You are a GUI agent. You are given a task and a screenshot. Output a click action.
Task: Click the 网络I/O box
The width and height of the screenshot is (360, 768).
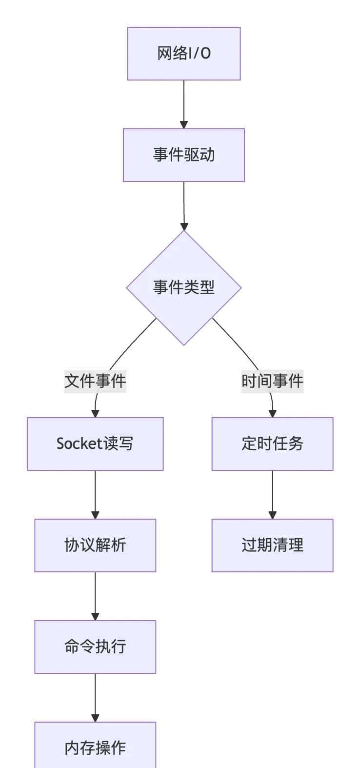pos(184,54)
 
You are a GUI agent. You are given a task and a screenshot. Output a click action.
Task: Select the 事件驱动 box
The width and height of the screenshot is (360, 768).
pos(184,155)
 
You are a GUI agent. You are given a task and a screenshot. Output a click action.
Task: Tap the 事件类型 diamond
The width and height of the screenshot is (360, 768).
pos(184,287)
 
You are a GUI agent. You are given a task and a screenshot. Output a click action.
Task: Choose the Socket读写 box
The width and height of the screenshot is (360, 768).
pos(95,444)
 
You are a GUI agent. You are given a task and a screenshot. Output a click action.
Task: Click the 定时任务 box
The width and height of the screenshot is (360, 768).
pos(272,444)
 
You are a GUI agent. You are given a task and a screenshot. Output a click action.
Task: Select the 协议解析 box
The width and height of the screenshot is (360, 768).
pos(95,546)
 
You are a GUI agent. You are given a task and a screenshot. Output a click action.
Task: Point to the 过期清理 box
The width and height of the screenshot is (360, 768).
pos(272,546)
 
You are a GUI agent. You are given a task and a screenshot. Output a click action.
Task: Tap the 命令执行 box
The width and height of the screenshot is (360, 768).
pos(95,647)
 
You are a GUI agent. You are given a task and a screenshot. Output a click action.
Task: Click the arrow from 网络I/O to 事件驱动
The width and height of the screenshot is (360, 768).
pos(184,103)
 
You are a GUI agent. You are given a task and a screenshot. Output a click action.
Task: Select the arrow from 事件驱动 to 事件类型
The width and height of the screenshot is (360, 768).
pos(184,205)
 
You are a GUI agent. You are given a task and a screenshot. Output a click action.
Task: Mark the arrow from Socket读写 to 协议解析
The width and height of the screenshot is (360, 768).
pos(95,494)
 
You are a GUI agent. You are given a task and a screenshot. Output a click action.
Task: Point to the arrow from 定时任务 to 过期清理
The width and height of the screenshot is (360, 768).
pos(272,494)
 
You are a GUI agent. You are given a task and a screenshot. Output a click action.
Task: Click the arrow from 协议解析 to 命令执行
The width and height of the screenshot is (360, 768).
pos(95,595)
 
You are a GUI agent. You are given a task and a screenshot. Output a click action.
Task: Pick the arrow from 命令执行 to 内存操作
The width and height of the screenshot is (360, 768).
pos(95,697)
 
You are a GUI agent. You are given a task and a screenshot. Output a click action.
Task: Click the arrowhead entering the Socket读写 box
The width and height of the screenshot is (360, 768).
pos(95,414)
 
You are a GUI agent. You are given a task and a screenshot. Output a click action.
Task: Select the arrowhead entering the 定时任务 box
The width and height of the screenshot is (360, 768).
pos(272,414)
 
